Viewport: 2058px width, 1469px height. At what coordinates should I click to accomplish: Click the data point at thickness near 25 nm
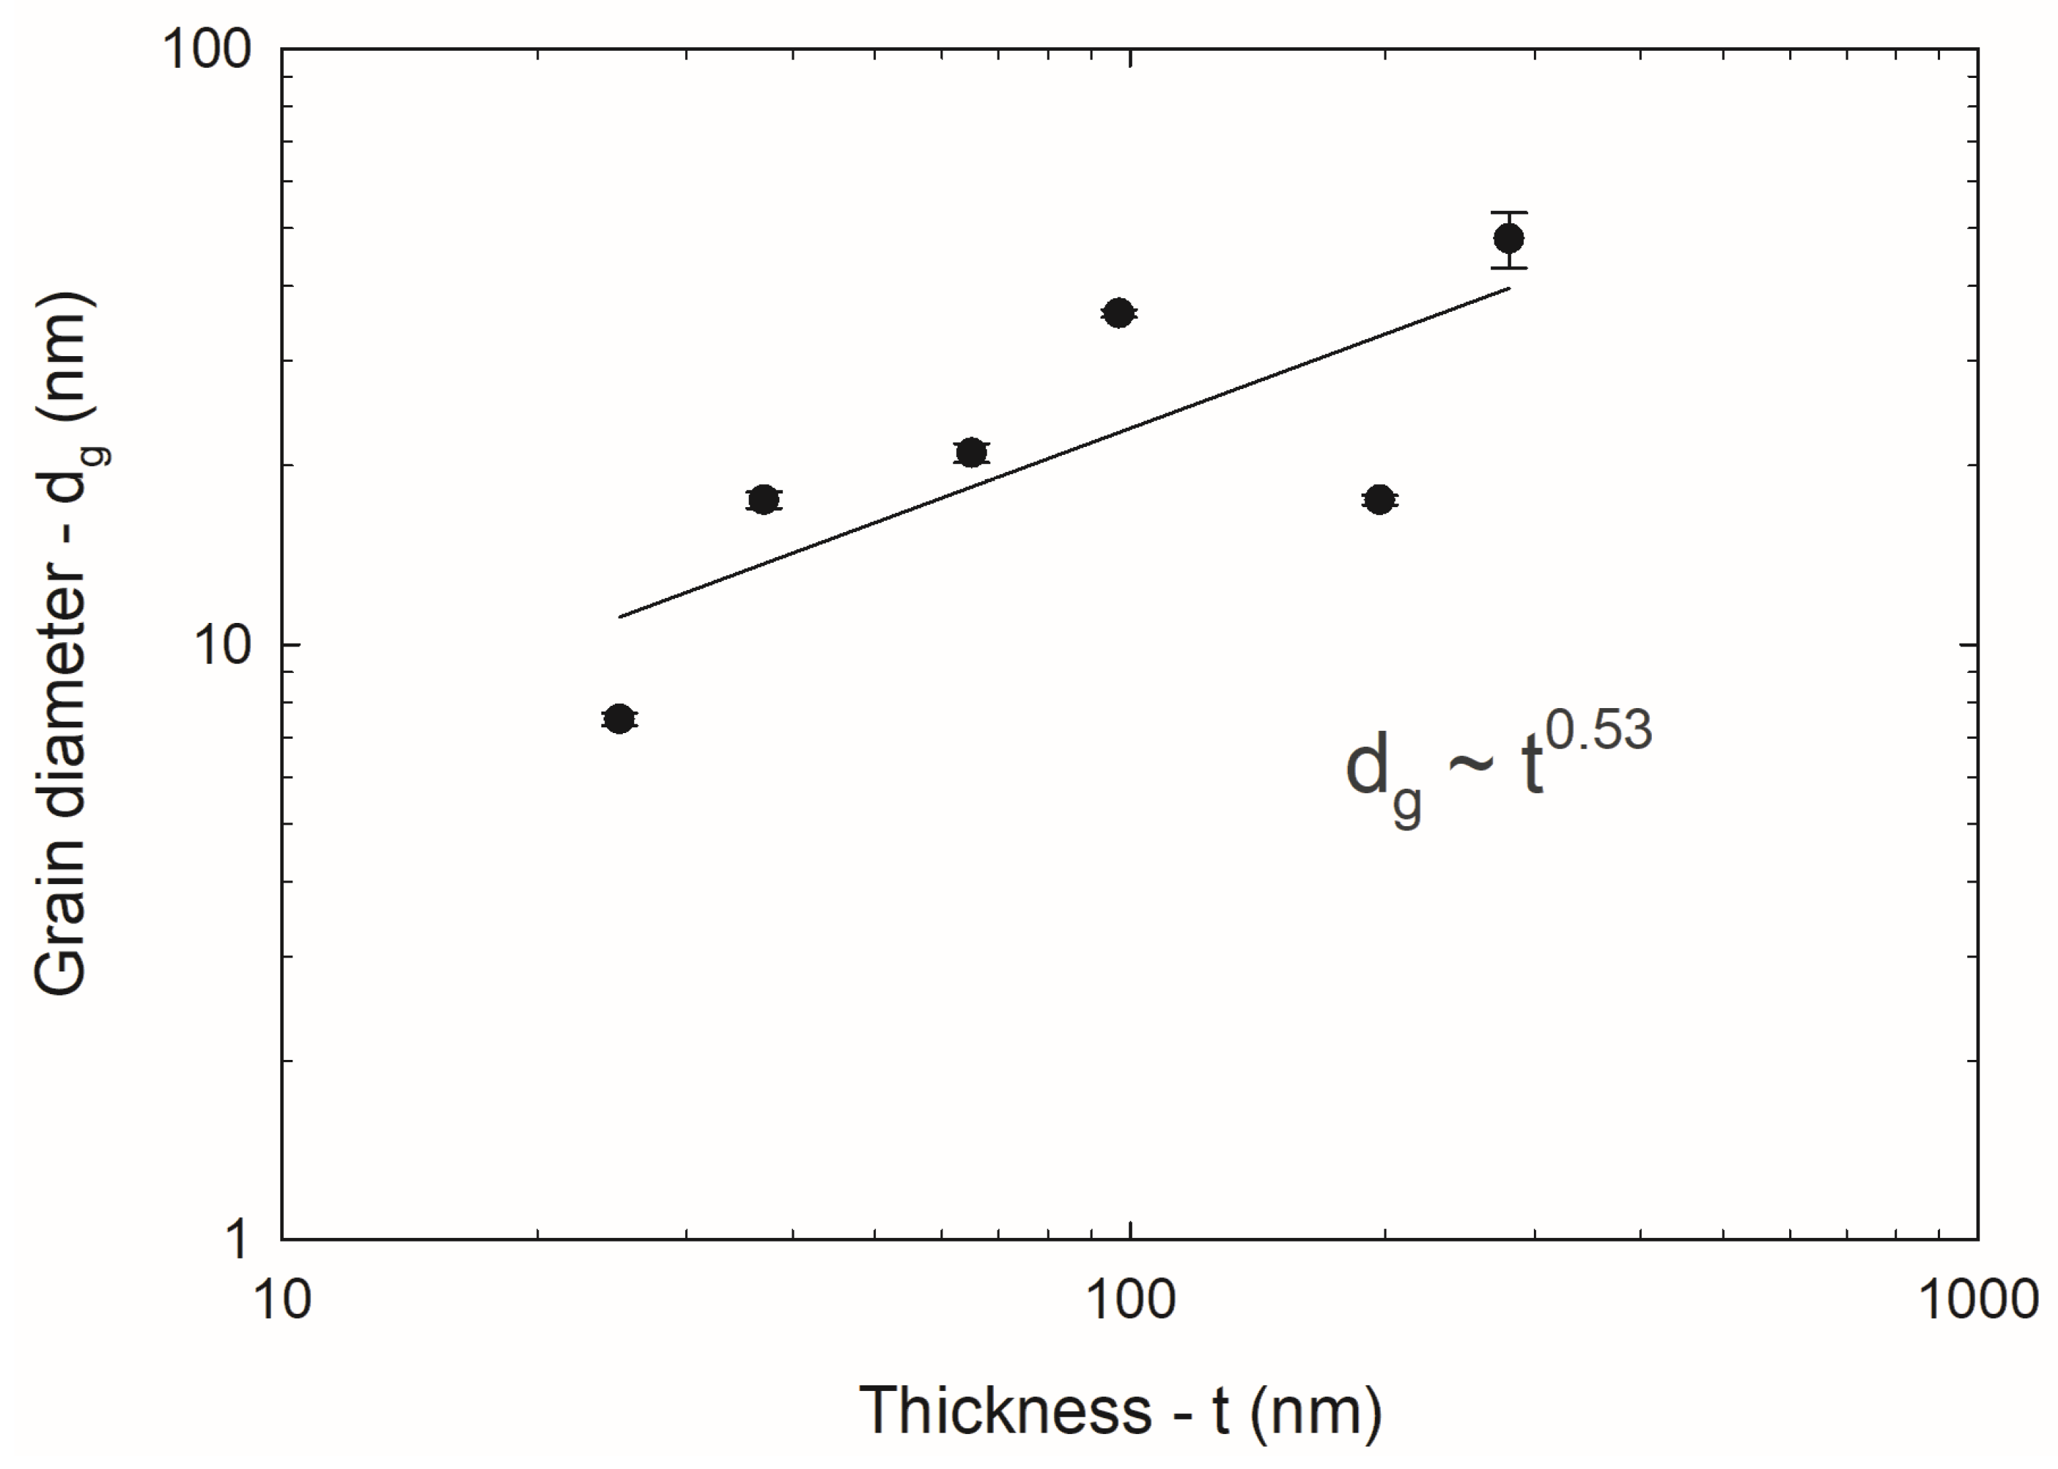619,719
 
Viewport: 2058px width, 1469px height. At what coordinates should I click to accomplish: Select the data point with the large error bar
1509,239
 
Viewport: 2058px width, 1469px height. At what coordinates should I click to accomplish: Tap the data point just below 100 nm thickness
1118,313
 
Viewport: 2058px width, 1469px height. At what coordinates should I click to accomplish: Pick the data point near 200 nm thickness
1379,499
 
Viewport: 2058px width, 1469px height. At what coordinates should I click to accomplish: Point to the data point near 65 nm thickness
971,452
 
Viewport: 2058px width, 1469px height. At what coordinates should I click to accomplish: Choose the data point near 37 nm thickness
764,499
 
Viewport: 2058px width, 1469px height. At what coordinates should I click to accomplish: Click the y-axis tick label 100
206,51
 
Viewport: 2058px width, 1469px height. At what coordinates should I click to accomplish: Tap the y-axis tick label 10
222,645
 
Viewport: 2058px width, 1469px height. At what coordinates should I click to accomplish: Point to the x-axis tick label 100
1131,1299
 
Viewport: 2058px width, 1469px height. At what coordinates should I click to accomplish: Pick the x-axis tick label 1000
1977,1299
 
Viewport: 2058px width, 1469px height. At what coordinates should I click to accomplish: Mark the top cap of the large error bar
1509,212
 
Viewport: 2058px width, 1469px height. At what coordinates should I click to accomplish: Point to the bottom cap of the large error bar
1509,267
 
